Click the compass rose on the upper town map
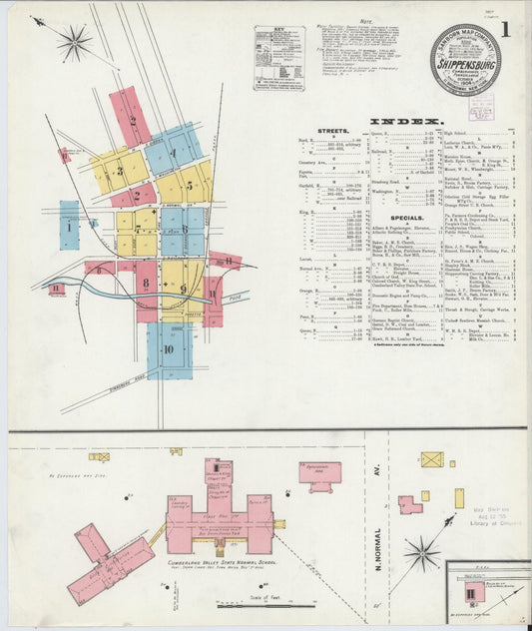pyautogui.click(x=74, y=42)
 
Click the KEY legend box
pyautogui.click(x=279, y=59)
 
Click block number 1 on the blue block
pyautogui.click(x=69, y=227)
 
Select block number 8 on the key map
pyautogui.click(x=146, y=284)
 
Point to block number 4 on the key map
pyautogui.click(x=172, y=154)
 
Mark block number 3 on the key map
pyautogui.click(x=120, y=170)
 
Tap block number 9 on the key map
pyautogui.click(x=183, y=289)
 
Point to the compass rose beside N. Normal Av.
pyautogui.click(x=421, y=553)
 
